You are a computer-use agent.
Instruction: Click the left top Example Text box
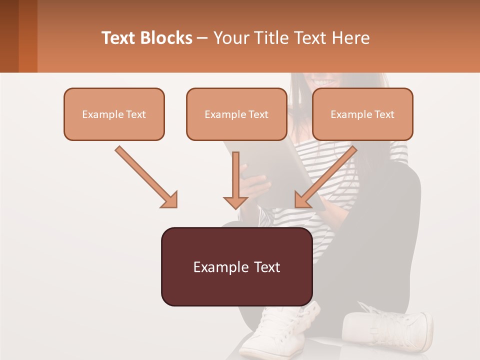tap(114, 114)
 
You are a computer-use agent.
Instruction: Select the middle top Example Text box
tap(236, 114)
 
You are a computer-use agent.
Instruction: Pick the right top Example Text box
tap(362, 114)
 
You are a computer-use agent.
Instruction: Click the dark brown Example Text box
tap(237, 266)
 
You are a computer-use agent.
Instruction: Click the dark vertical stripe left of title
tap(28, 36)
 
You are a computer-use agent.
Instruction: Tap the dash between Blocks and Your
tap(202, 38)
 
